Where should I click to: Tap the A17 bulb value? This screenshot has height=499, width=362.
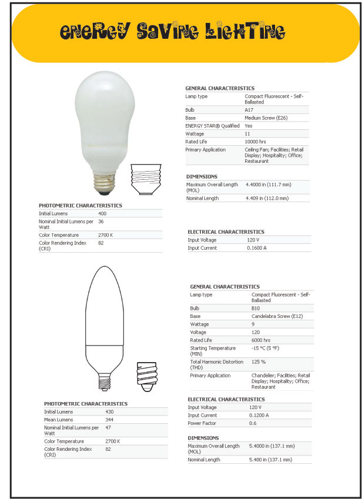pos(249,110)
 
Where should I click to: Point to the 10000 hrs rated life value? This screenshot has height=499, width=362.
pos(256,142)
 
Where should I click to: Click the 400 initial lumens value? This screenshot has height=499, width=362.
pos(103,213)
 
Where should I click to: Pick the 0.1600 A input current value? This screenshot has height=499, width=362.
pos(257,248)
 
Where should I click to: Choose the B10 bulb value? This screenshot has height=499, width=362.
pos(256,308)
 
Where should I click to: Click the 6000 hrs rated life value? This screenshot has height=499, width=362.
pos(261,340)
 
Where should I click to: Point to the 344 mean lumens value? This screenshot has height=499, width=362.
pos(110,420)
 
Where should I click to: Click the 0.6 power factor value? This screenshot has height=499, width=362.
pos(253,423)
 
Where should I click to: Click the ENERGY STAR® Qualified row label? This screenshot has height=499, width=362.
pos(212,126)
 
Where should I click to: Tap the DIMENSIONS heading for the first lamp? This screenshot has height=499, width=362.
pos(202,176)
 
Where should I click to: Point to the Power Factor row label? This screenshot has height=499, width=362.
pos(202,423)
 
